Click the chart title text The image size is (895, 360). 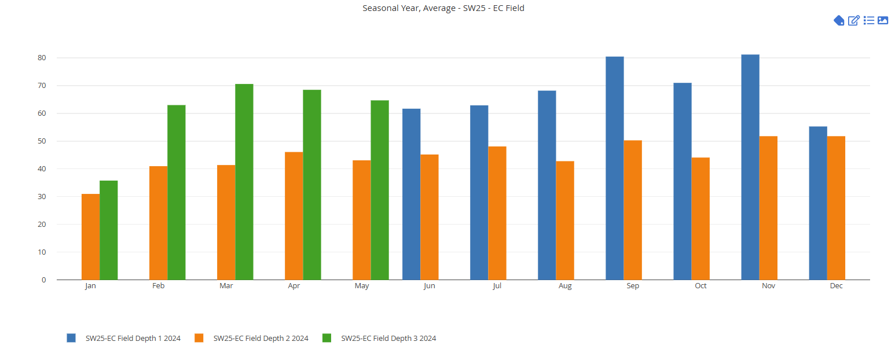(443, 8)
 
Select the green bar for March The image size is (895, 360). (244, 182)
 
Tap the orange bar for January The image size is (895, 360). (90, 237)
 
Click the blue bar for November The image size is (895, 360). (750, 167)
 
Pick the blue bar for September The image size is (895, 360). (615, 168)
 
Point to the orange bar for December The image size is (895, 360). (836, 208)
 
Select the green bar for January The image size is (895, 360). (109, 230)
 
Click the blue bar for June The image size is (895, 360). (412, 194)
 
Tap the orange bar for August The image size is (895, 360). (565, 221)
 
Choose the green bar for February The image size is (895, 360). (177, 192)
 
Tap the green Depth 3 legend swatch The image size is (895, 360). (327, 338)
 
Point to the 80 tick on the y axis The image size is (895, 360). (42, 58)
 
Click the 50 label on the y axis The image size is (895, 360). (42, 141)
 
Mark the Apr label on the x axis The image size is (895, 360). (294, 286)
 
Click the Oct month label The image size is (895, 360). (701, 286)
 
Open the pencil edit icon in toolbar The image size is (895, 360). (853, 21)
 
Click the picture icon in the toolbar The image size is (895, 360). (883, 21)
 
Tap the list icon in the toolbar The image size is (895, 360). (868, 21)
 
